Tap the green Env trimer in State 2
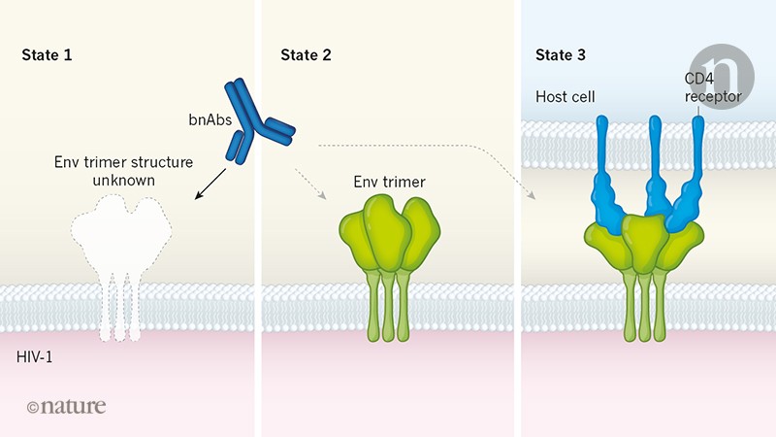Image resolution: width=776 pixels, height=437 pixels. (384, 238)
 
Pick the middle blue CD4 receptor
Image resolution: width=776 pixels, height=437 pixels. (657, 175)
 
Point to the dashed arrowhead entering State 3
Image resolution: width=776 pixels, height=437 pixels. (532, 194)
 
